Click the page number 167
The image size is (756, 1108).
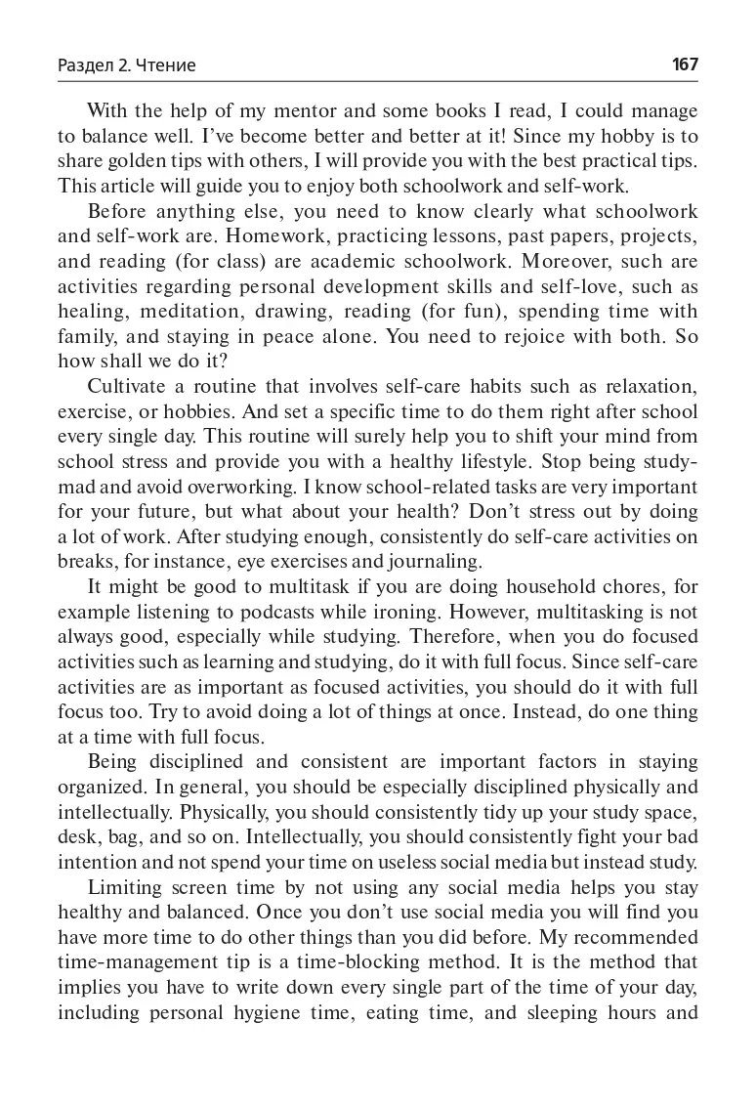[x=685, y=64]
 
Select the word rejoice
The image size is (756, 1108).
[x=516, y=337]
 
